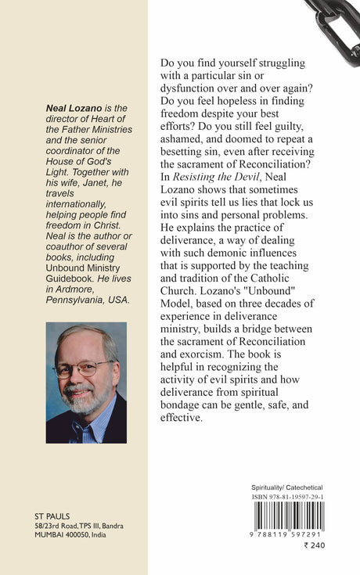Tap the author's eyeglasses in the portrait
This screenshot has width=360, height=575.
(81, 368)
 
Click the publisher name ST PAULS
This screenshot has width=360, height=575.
(53, 516)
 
